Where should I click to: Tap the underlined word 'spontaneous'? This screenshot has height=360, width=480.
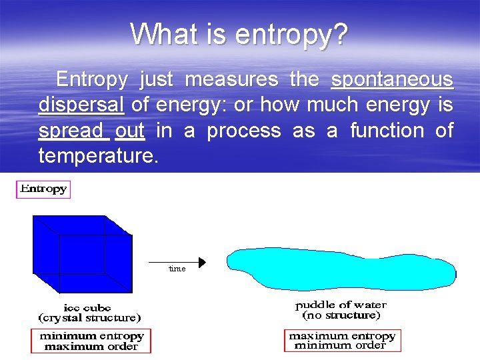pos(392,80)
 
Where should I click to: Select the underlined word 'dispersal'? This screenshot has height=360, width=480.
pos(81,105)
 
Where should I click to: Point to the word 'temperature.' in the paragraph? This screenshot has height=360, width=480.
pos(94,156)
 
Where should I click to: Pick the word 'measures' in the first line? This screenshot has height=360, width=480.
pos(231,80)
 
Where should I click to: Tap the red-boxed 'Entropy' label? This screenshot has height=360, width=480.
pos(43,189)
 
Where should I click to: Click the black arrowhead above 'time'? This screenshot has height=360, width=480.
pos(202,261)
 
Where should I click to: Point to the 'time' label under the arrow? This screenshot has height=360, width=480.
pos(177,269)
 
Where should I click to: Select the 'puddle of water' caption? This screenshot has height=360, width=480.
pos(341,305)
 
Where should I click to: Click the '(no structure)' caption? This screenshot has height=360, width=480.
pos(341,315)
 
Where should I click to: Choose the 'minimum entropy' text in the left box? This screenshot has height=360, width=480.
pos(91,336)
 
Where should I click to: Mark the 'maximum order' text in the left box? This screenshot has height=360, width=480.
pos(91,346)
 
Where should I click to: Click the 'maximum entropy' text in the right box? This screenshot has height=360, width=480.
pos(341,336)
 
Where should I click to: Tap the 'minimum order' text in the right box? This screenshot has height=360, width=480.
pos(341,345)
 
